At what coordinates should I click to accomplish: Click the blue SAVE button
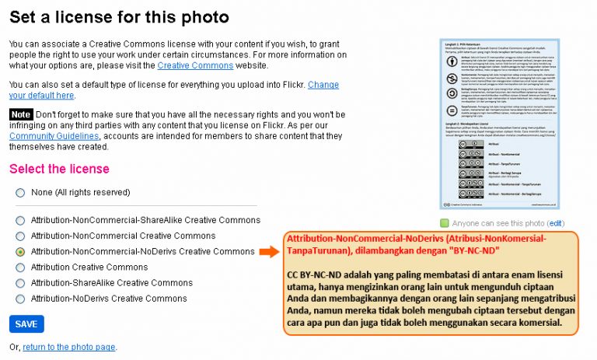pyautogui.click(x=26, y=324)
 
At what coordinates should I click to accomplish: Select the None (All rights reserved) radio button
pyautogui.click(x=20, y=192)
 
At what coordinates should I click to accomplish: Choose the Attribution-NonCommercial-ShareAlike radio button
pyautogui.click(x=20, y=221)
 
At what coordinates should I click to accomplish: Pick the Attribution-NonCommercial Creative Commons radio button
pyautogui.click(x=20, y=236)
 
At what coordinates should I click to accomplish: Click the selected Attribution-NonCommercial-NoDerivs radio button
pyautogui.click(x=20, y=252)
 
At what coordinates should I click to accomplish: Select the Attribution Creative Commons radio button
pyautogui.click(x=20, y=267)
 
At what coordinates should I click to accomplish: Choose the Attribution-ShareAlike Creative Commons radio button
pyautogui.click(x=20, y=283)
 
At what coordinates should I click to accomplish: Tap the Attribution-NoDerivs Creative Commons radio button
pyautogui.click(x=20, y=299)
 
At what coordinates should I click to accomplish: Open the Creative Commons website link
pyautogui.click(x=195, y=66)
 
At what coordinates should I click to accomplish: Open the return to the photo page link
pyautogui.click(x=69, y=347)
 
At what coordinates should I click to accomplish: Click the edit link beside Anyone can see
pyautogui.click(x=556, y=223)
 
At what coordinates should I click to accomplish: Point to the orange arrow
pyautogui.click(x=268, y=252)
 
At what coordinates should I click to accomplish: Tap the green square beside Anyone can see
pyautogui.click(x=445, y=223)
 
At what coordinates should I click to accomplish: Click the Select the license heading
pyautogui.click(x=59, y=169)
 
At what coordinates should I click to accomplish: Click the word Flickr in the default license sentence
pyautogui.click(x=292, y=84)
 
